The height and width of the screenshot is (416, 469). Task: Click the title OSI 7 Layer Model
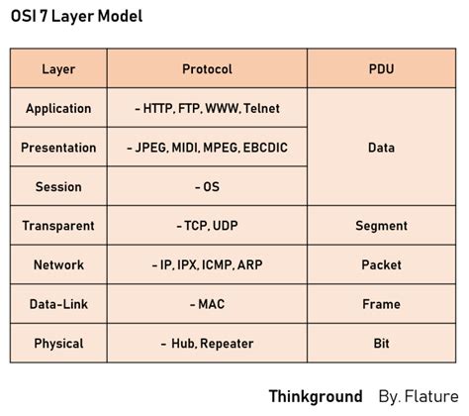[x=76, y=17]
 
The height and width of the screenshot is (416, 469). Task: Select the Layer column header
[x=58, y=69]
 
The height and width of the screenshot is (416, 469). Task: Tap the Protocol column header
[x=208, y=69]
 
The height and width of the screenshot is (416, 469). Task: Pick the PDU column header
[x=381, y=69]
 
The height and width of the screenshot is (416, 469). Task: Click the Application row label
[x=58, y=108]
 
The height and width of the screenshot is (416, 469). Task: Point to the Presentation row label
[x=58, y=148]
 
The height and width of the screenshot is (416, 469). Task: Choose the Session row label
[x=58, y=186]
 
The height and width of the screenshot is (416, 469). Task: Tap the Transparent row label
[x=58, y=226]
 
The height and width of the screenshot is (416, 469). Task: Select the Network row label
[x=58, y=264]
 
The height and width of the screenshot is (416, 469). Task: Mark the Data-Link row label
[x=58, y=304]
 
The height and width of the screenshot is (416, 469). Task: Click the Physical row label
[x=58, y=344]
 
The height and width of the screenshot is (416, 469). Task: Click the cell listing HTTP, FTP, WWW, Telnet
[x=208, y=108]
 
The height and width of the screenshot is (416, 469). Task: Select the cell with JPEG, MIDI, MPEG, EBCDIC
[x=208, y=148]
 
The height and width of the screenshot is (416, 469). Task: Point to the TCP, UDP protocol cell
[x=208, y=226]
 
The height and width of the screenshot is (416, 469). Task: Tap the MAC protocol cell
[x=208, y=304]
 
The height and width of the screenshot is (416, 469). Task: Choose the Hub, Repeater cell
[x=208, y=344]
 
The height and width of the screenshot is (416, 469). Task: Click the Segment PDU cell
[x=381, y=226]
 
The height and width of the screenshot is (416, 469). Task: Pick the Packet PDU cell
[x=381, y=264]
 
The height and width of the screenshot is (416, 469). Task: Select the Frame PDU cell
[x=381, y=304]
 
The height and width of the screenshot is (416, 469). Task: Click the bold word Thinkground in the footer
[x=316, y=396]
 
